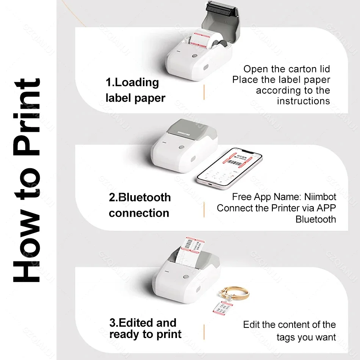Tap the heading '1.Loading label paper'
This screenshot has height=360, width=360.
click(x=135, y=90)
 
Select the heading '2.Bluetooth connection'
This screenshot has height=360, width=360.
click(x=139, y=205)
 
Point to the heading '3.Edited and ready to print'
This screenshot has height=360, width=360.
click(x=145, y=328)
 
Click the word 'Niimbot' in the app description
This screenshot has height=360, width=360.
click(x=321, y=197)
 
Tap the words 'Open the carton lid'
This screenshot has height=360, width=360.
click(x=286, y=69)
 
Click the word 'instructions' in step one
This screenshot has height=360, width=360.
click(x=303, y=101)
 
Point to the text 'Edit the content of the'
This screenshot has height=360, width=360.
click(x=289, y=325)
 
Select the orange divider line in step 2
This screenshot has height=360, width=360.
click(x=204, y=209)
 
